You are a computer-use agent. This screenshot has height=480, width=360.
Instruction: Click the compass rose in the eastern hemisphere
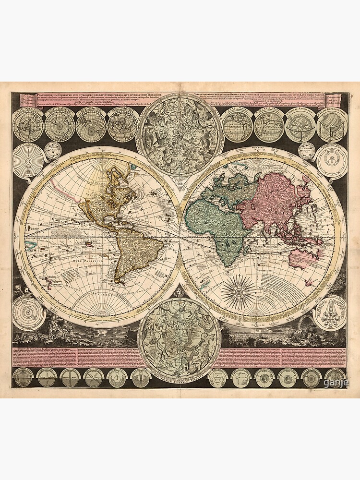[x=239, y=291]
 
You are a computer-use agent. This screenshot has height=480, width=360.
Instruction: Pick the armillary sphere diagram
[x=300, y=126]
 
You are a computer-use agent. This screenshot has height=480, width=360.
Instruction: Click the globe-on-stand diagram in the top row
[x=331, y=126]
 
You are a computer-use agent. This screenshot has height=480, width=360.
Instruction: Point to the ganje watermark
[x=333, y=383]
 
